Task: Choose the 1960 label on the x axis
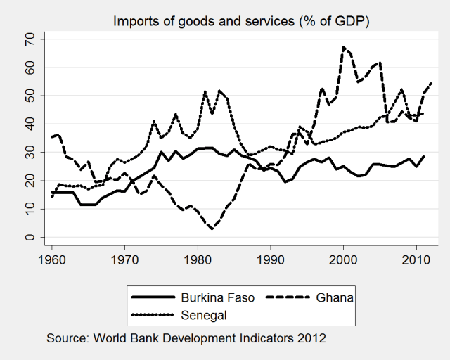(51, 260)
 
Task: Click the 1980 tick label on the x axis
(198, 260)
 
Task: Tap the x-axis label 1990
(271, 260)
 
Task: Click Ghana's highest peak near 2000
(343, 47)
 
